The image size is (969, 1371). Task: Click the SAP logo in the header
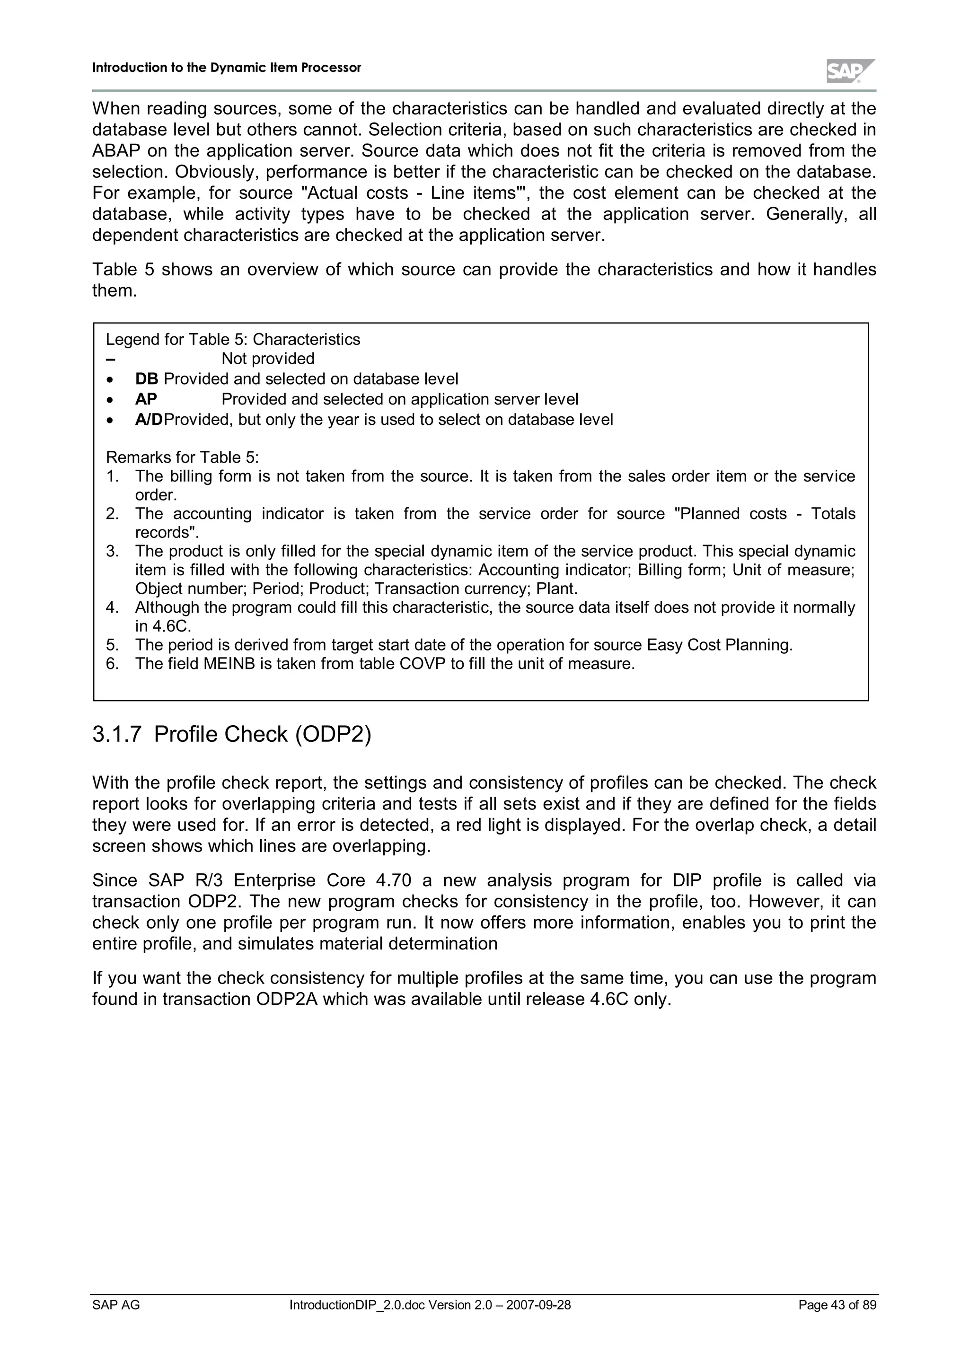pos(850,71)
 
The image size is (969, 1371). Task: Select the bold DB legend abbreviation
pos(146,379)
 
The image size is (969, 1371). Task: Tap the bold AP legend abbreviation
pos(146,399)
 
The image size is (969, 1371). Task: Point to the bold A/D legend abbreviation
pos(149,420)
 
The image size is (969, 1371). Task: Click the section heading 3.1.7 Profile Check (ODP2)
pos(232,734)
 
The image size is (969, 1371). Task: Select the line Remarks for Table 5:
pos(182,457)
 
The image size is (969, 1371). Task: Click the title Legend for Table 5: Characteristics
pos(233,340)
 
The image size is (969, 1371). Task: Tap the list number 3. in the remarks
pos(112,551)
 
